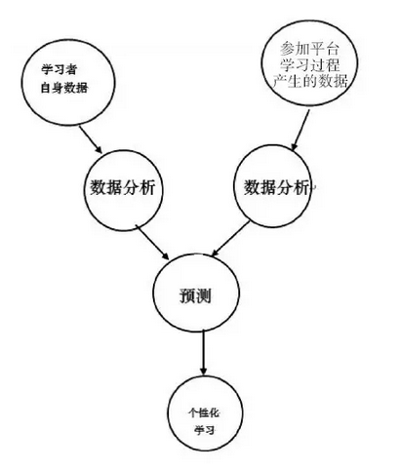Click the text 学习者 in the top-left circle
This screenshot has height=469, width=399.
pos(59,70)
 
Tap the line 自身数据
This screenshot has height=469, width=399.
pos(64,88)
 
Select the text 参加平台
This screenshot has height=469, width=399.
pos(309,49)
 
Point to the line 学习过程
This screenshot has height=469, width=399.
pos(310,64)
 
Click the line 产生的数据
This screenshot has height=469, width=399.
pos(310,81)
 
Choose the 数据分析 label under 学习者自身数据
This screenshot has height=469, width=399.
pos(123,187)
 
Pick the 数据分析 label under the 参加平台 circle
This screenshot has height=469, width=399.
pos(276,187)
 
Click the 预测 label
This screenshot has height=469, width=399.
pos(195,295)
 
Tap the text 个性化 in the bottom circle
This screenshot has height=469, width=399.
pos(204,412)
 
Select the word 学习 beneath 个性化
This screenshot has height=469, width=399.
pos(205,430)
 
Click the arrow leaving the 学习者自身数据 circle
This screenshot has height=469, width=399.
pos(91,139)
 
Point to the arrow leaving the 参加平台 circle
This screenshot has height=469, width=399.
pos(299,131)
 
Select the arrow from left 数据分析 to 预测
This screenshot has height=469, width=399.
pos(152,242)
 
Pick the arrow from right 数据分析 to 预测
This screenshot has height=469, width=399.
pos(231,239)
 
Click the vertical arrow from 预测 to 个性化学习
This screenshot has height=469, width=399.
pos(204,352)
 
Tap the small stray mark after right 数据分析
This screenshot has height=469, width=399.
pos(314,188)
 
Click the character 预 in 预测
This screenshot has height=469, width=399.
pos(187,295)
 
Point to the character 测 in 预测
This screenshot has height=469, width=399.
pos(204,295)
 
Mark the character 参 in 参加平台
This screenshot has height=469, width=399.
pos(287,49)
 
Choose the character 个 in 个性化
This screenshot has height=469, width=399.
pos(193,412)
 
